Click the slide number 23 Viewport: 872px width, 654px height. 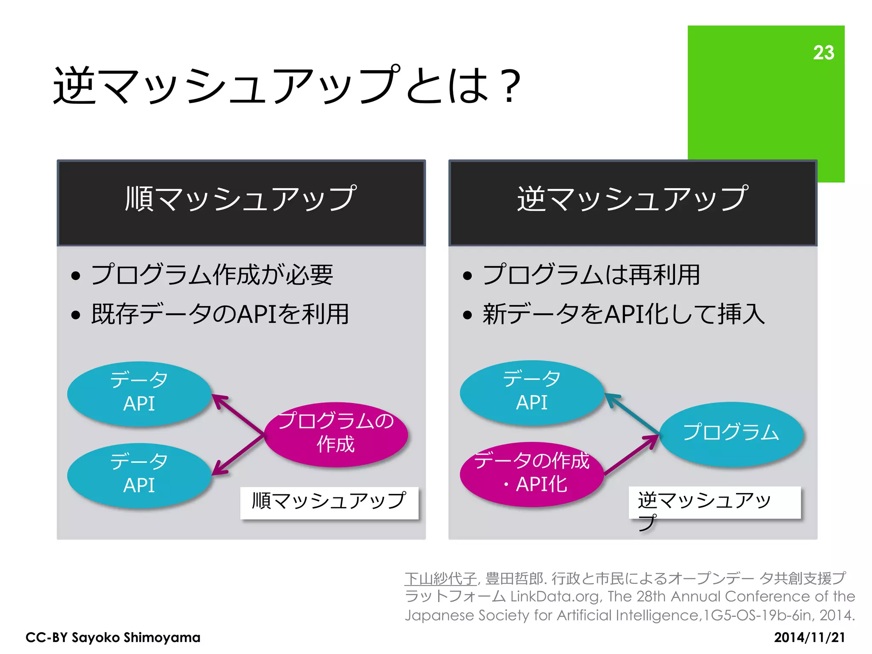click(823, 53)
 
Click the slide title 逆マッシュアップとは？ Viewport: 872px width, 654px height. click(287, 86)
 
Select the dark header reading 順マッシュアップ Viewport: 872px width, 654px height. click(241, 203)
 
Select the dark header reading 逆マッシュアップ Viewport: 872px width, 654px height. click(633, 203)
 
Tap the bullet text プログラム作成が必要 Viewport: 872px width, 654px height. click(212, 275)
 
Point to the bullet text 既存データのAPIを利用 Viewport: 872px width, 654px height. click(220, 314)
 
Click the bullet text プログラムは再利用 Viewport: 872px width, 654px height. click(591, 275)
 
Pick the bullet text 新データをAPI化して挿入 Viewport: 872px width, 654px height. click(623, 314)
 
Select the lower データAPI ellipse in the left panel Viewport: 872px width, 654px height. click(139, 475)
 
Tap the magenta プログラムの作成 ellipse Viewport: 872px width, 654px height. click(336, 434)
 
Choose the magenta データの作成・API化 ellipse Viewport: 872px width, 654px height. click(532, 474)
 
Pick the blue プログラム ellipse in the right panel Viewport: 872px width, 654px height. click(731, 433)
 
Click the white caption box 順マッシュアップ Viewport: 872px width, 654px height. click(329, 502)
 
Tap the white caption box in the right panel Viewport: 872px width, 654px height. click(714, 502)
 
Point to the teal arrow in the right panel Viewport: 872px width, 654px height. click(632, 413)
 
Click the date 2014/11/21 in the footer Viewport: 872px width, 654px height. click(809, 637)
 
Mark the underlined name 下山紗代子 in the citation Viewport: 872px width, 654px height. click(440, 578)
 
